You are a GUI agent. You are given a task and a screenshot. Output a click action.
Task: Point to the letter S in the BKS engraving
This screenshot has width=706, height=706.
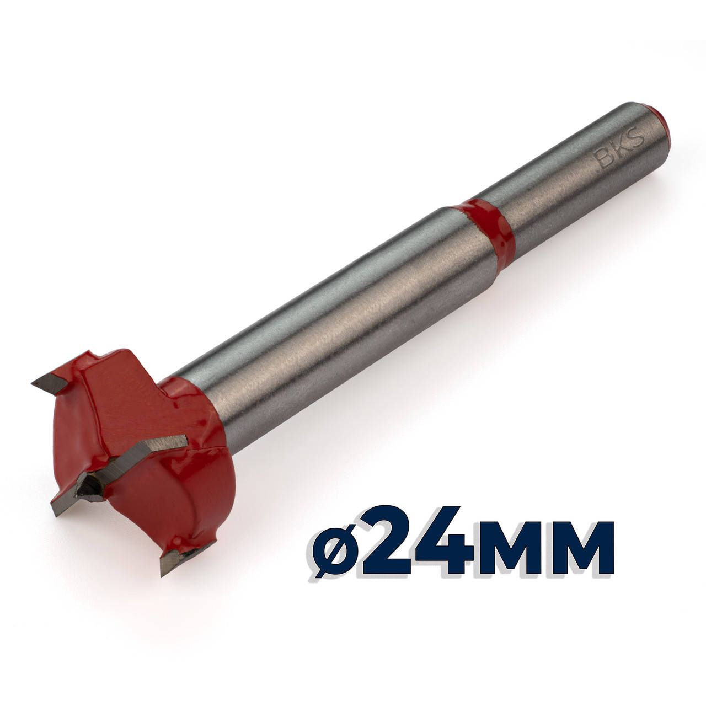pos(637,137)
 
